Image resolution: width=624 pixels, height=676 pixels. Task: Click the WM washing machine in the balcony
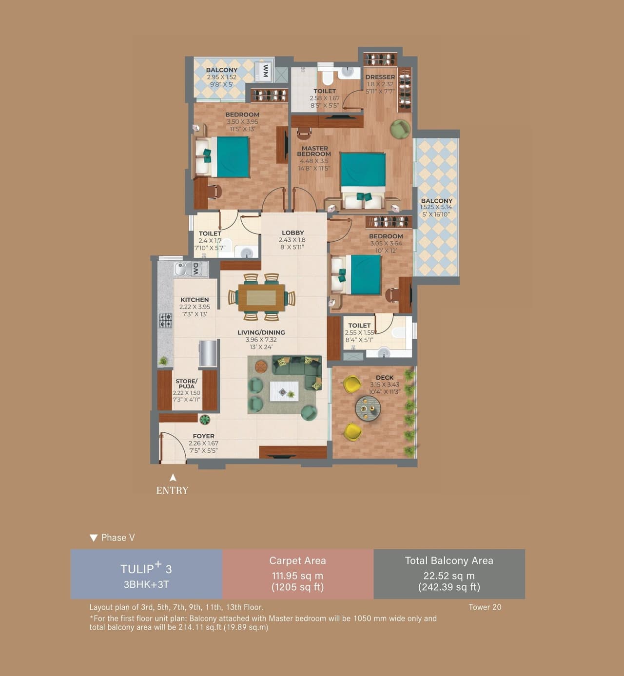[265, 72]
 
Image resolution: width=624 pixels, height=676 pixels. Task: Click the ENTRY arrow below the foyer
[173, 478]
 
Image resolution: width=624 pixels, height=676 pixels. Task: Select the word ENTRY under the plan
[172, 490]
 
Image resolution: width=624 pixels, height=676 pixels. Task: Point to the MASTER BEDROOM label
[314, 151]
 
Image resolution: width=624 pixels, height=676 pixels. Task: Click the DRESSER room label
[380, 77]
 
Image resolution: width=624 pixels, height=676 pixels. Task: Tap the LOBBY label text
[292, 232]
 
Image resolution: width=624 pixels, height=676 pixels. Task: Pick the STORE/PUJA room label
[186, 384]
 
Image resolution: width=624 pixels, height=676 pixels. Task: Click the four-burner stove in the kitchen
[165, 320]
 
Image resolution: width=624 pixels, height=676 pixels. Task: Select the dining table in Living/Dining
[261, 297]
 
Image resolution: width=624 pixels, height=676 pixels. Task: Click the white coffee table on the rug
[284, 391]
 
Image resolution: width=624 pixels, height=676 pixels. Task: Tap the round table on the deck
[368, 407]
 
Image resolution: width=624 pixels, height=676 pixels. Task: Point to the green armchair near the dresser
[400, 129]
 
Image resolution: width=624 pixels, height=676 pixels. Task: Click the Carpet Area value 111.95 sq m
[297, 576]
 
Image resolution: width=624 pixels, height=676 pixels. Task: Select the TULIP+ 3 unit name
[146, 569]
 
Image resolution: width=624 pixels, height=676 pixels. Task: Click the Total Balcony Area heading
[449, 560]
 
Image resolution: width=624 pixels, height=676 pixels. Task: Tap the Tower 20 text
[485, 607]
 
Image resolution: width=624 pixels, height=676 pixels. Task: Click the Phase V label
[117, 538]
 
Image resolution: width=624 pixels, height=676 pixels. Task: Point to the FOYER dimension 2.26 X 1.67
[203, 443]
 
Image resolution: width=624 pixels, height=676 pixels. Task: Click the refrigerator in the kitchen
[208, 353]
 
